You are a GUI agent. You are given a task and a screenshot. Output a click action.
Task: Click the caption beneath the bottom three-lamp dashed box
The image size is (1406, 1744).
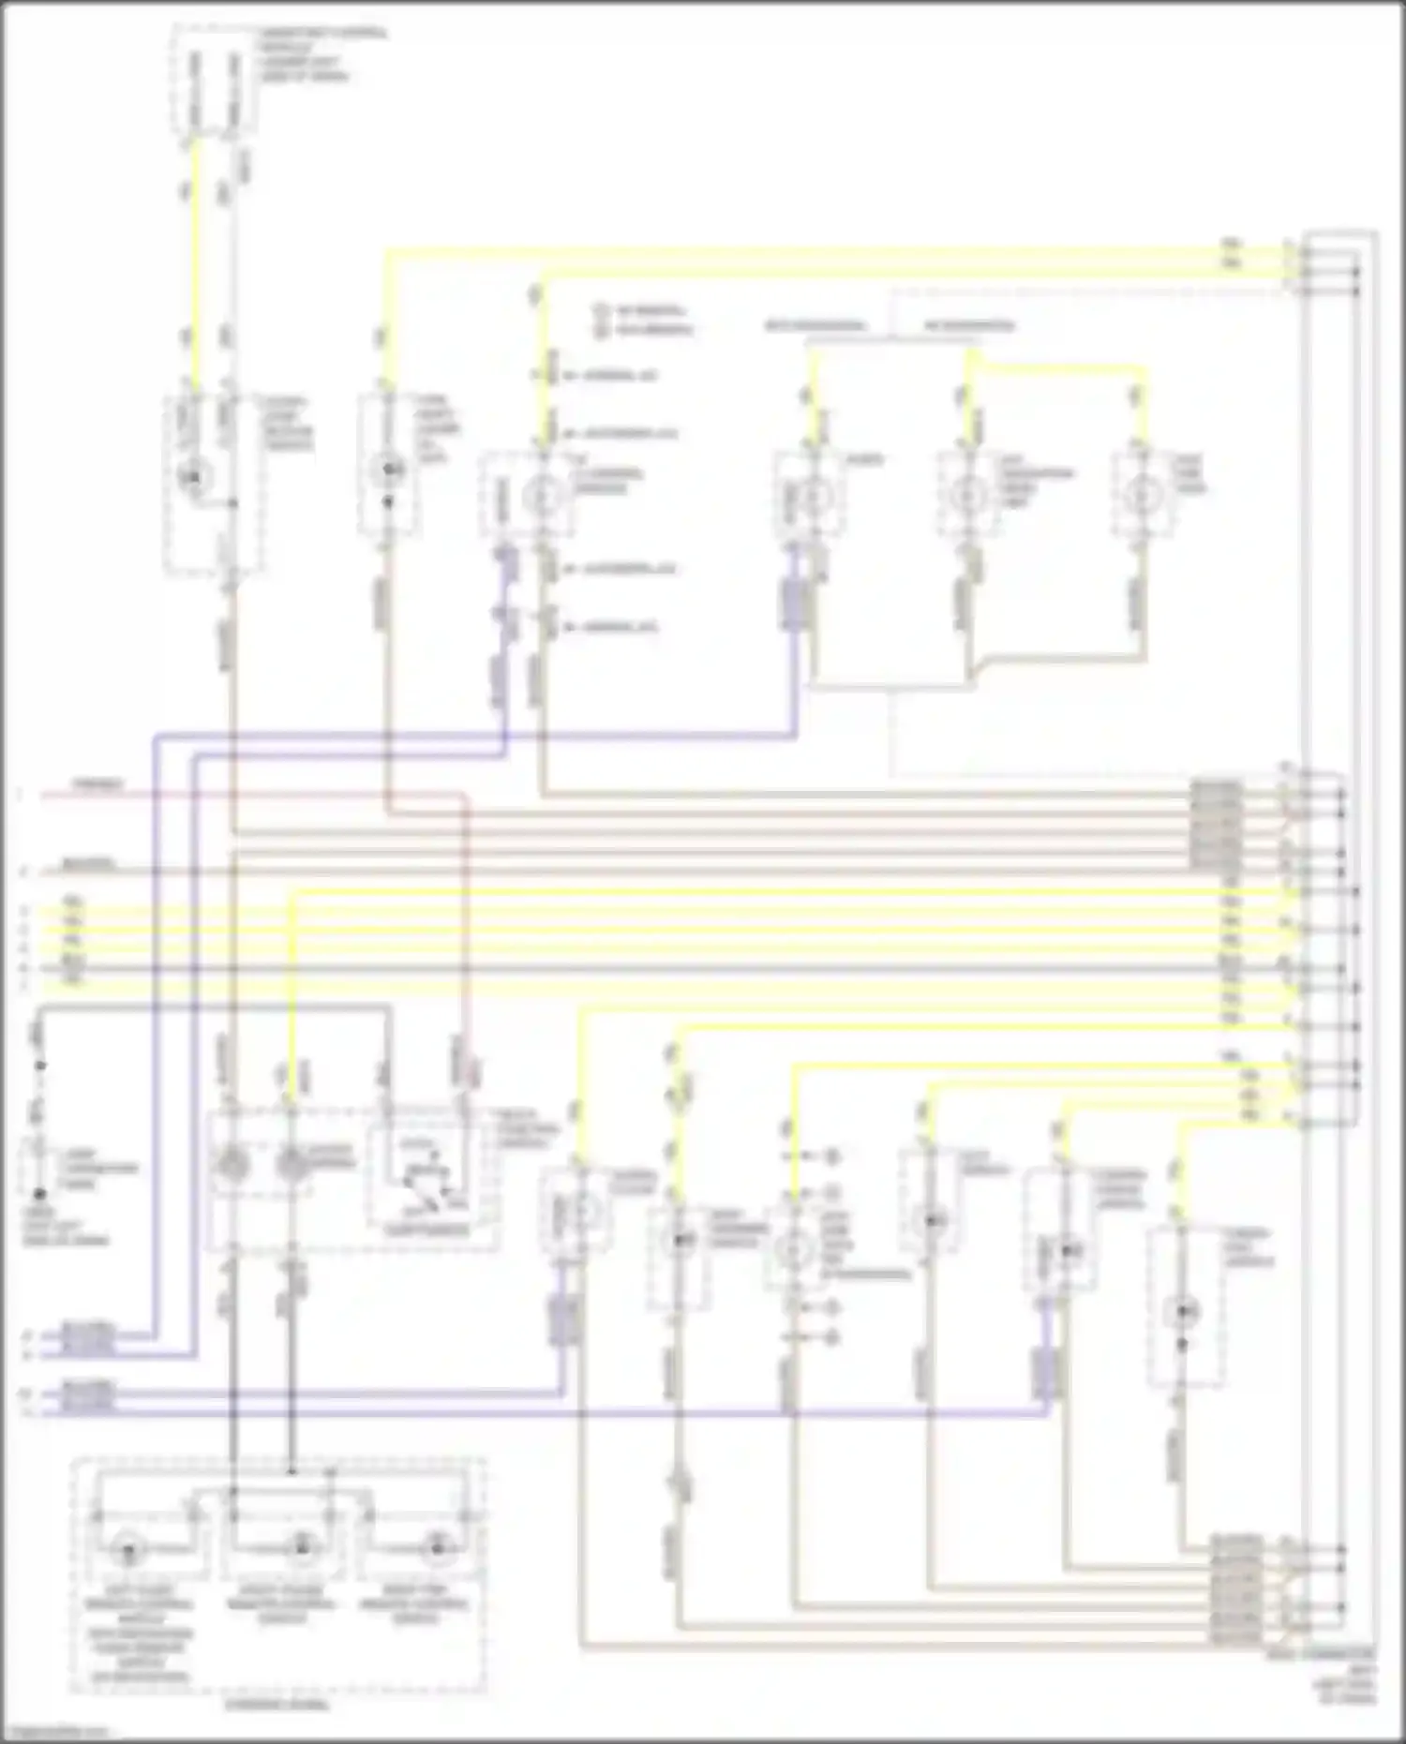[277, 1705]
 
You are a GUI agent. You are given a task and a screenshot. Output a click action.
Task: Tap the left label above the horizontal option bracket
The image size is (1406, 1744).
[814, 326]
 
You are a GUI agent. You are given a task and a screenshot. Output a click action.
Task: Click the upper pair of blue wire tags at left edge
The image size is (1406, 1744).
[87, 1340]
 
